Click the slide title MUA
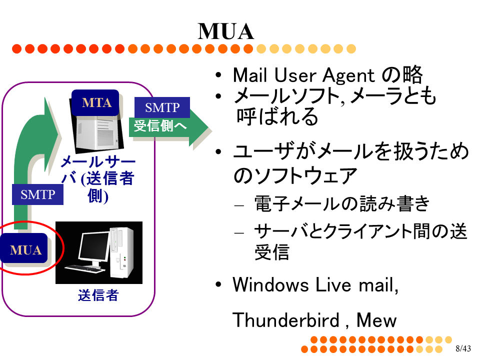226,31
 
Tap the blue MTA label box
95,102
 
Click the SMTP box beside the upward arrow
37,194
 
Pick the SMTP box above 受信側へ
162,107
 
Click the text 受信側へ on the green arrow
160,126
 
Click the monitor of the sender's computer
93,248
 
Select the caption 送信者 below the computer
98,295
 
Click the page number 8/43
463,348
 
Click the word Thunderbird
286,320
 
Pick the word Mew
376,320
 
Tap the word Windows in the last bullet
270,284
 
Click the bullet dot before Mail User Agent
218,75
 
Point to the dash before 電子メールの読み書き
239,205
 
